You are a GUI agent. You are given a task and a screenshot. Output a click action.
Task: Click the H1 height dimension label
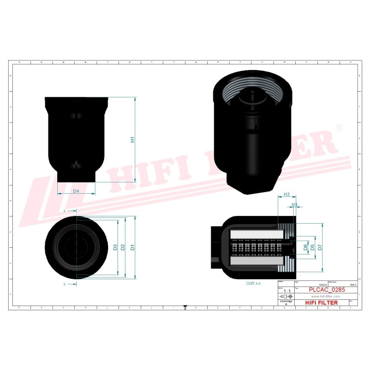point(132,139)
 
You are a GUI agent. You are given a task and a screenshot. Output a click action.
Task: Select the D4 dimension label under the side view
point(76,191)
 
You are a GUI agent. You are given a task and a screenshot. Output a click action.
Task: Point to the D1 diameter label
point(132,247)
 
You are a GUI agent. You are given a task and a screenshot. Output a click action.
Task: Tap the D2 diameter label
point(123,247)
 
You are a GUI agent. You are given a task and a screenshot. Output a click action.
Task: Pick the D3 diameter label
point(115,247)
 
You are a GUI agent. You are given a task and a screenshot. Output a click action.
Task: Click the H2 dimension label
point(288,195)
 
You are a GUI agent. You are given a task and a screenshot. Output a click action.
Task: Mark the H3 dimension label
point(295,205)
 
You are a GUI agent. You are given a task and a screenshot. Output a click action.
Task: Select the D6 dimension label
point(306,247)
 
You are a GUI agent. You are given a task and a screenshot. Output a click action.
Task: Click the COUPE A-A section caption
point(253,283)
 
